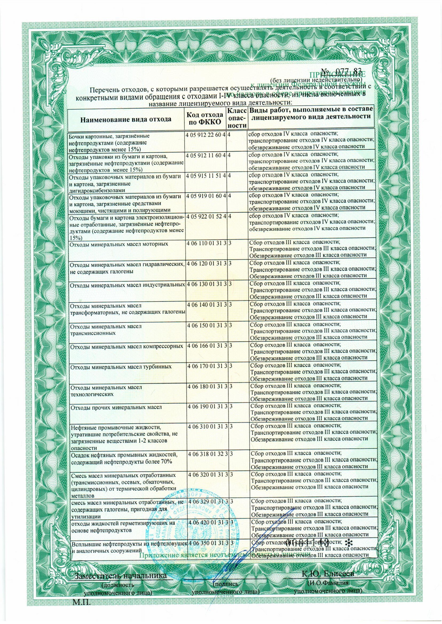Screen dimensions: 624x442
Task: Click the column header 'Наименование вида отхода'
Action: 126,119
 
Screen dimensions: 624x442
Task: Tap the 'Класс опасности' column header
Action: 237,118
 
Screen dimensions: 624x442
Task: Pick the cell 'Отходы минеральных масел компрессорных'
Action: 127,346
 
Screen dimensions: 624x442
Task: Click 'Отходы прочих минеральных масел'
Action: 116,408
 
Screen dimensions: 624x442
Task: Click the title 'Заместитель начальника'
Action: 121,575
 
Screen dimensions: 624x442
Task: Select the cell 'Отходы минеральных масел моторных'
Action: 119,244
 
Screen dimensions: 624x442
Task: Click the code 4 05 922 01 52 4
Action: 206,216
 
